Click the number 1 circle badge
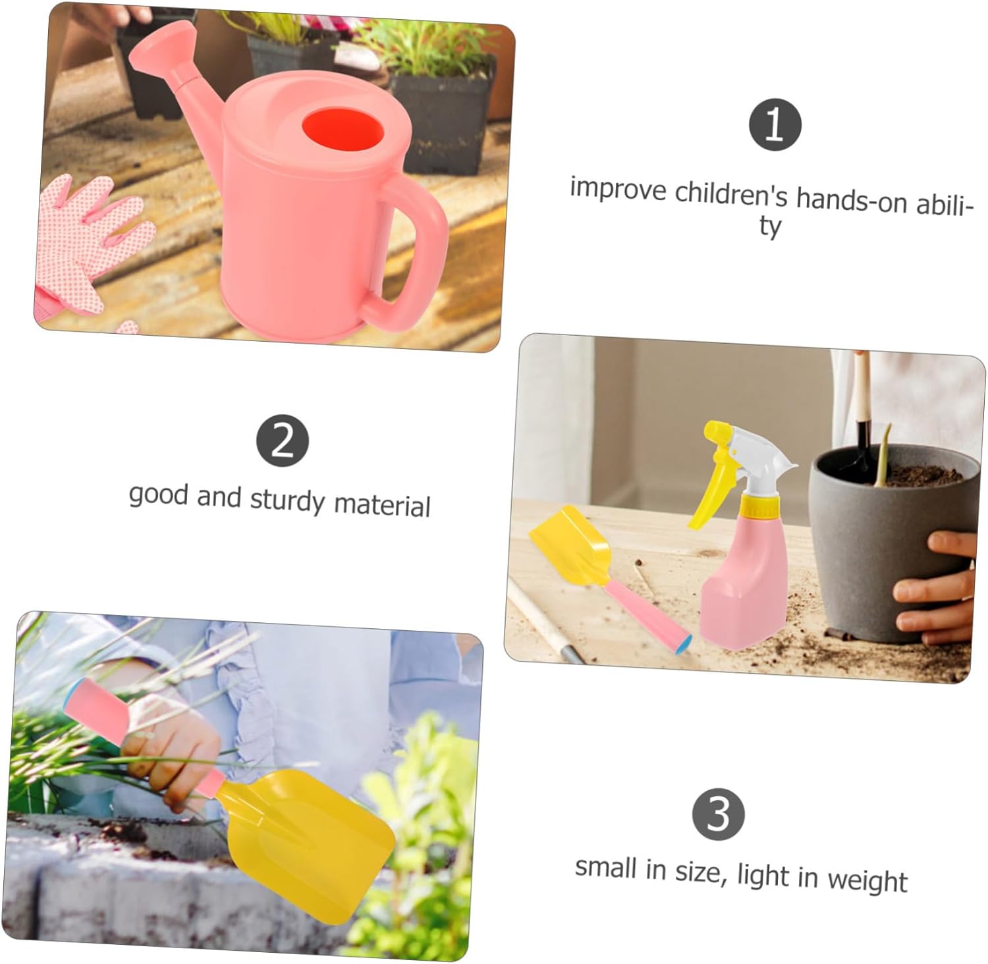point(775,125)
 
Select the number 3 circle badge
point(718,814)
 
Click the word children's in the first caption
point(730,194)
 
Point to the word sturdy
point(288,500)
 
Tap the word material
point(382,505)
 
